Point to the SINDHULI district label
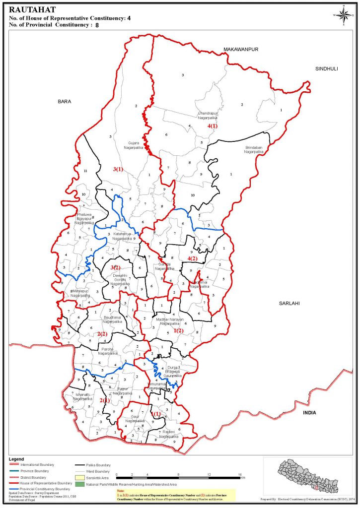coord(326,69)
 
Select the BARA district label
coord(65,101)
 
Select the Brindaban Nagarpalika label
coord(256,150)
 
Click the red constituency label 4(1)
coord(212,126)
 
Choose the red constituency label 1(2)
coord(178,330)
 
